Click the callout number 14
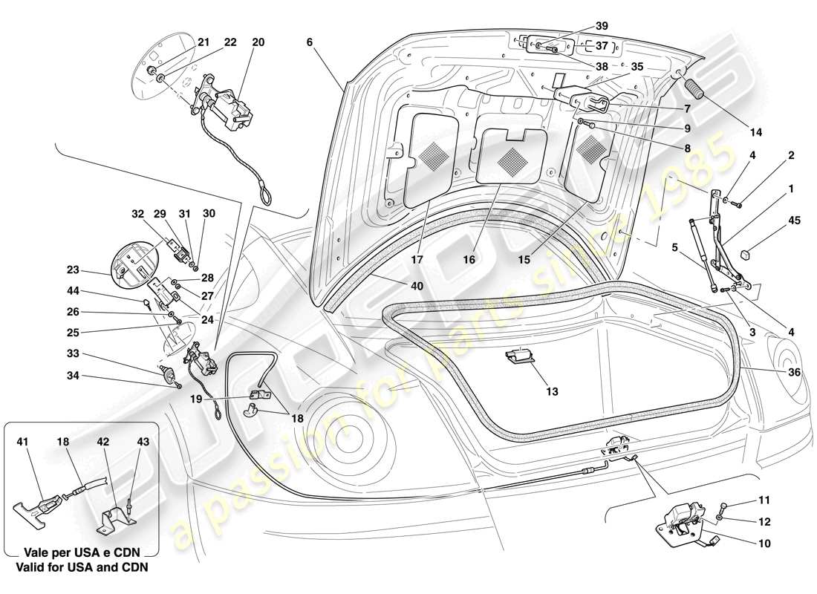point(755,133)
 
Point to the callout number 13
point(551,391)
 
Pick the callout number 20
point(258,42)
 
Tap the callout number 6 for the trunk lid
point(308,42)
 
